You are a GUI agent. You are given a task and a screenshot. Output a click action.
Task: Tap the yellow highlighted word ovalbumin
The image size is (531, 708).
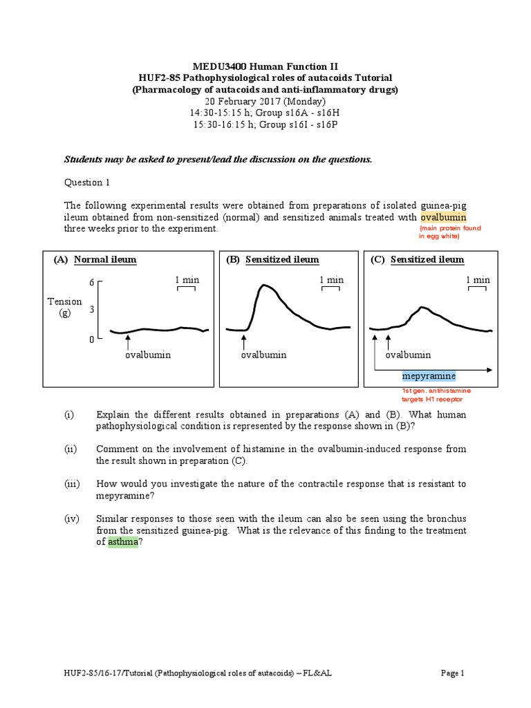pyautogui.click(x=443, y=217)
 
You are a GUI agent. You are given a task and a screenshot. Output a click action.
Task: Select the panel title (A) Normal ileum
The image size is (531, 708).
pyautogui.click(x=95, y=259)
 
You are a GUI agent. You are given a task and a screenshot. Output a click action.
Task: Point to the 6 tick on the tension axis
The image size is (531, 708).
pyautogui.click(x=91, y=283)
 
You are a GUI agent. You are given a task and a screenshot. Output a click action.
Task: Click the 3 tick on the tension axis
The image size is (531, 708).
pyautogui.click(x=91, y=310)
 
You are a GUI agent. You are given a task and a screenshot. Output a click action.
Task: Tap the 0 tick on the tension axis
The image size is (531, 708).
pyautogui.click(x=91, y=339)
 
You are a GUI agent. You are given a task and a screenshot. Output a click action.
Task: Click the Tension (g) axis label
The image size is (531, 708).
pyautogui.click(x=65, y=307)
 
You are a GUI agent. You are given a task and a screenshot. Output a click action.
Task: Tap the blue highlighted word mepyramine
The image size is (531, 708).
pyautogui.click(x=429, y=376)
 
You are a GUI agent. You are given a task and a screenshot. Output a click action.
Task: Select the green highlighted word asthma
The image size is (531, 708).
pyautogui.click(x=124, y=543)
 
